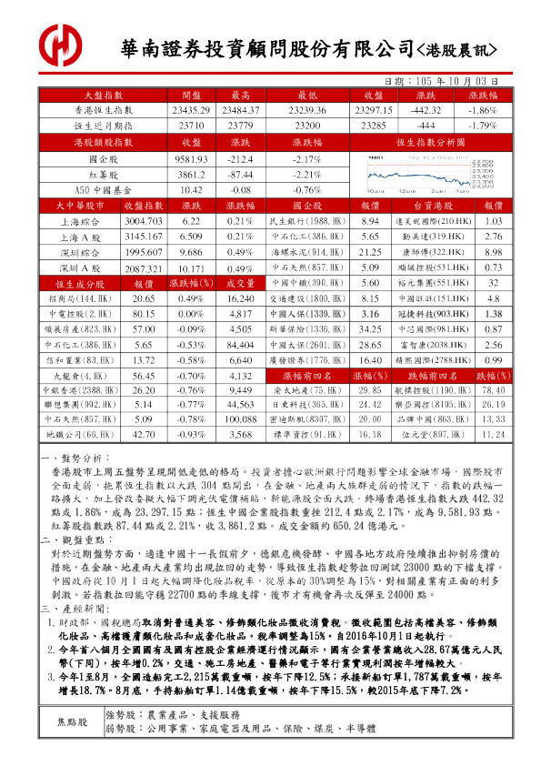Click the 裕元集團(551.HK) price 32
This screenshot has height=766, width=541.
click(x=493, y=284)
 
